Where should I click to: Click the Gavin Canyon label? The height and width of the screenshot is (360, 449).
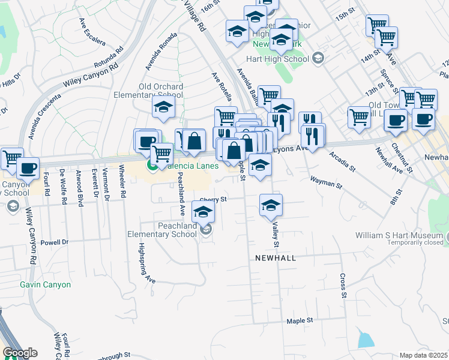coord(45,284)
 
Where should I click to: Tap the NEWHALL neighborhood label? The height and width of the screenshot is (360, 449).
coord(273,257)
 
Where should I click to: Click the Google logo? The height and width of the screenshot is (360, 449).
coord(20,353)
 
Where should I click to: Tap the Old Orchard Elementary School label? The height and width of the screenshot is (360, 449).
coord(161,91)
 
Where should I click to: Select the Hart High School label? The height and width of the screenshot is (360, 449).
coord(278,59)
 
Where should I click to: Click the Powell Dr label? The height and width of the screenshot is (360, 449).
coord(55,242)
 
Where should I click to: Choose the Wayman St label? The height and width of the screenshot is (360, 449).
coord(325,182)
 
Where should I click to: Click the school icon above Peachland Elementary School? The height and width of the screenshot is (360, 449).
coord(203,211)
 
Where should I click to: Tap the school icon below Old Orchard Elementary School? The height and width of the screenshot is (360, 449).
coord(163,108)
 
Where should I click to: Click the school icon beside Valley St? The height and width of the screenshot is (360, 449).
coord(271,205)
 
